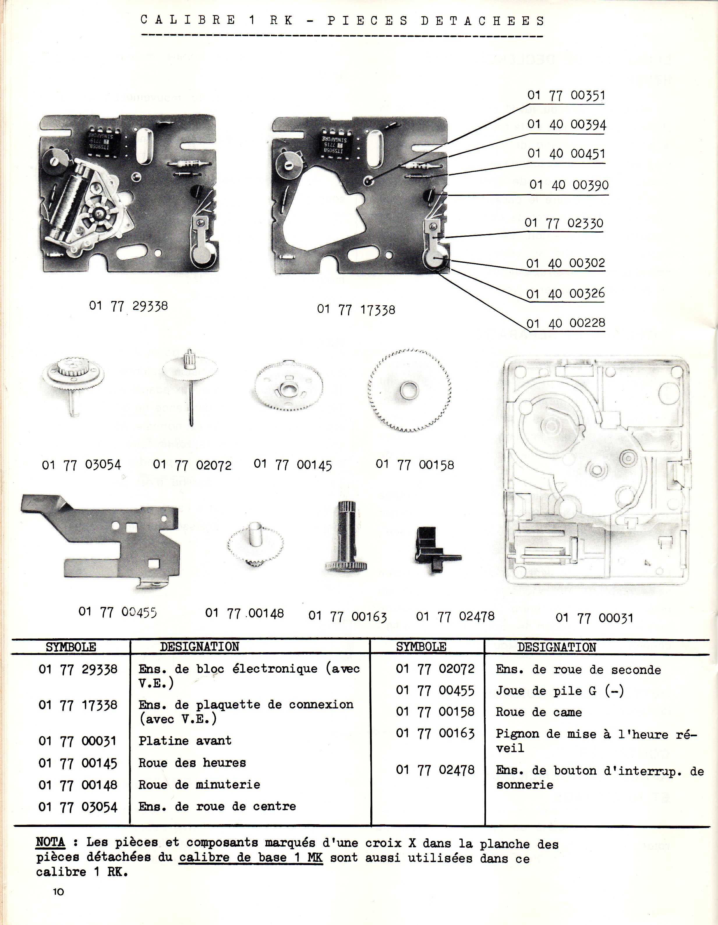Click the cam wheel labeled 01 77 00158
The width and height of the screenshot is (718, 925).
pos(409,390)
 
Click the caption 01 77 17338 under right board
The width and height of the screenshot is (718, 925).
pos(356,310)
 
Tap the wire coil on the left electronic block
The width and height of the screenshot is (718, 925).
pos(71,199)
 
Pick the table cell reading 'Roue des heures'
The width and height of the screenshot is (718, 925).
pos(192,763)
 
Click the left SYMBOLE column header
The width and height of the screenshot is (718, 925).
pos(71,647)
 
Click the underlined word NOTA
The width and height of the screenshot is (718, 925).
pos(50,842)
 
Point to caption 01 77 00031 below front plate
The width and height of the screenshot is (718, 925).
pos(594,618)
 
